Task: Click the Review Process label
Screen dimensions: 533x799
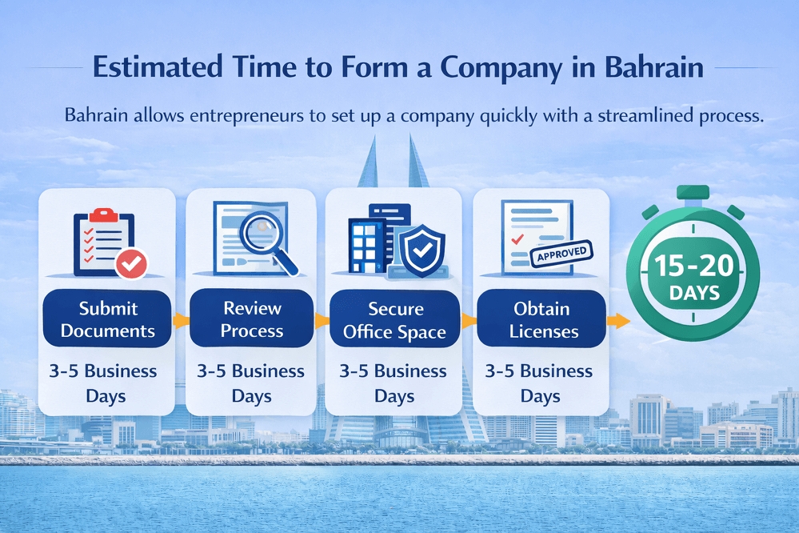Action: pyautogui.click(x=253, y=319)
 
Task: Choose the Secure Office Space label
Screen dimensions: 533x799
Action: pyautogui.click(x=394, y=319)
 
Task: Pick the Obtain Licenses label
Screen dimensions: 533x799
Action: pyautogui.click(x=542, y=319)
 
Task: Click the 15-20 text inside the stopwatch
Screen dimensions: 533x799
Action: pyautogui.click(x=693, y=266)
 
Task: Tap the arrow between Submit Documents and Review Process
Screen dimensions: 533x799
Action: pyautogui.click(x=180, y=320)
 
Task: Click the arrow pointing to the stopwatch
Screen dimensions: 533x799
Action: pyautogui.click(x=616, y=321)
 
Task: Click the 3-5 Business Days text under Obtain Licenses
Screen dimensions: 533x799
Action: pyautogui.click(x=541, y=383)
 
